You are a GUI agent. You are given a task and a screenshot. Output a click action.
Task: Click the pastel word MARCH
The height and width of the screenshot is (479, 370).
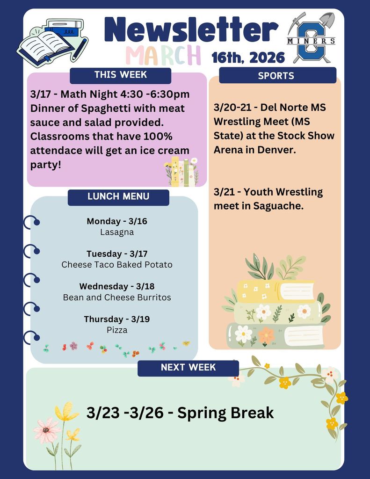[163, 55]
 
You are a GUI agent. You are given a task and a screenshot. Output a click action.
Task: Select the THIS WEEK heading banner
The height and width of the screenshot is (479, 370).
[120, 75]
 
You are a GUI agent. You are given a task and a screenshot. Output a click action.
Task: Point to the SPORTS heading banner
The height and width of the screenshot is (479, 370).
[276, 76]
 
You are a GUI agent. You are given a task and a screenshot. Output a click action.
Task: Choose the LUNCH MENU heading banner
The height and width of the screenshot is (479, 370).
[118, 197]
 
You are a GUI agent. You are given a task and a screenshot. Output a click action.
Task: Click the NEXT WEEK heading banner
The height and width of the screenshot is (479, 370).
[188, 368]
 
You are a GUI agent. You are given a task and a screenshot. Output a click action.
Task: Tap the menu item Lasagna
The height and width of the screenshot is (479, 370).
[117, 232]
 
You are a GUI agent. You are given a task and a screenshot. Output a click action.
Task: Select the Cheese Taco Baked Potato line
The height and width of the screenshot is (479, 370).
[117, 265]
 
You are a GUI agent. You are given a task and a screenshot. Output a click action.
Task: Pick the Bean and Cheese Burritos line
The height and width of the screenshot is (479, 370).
[117, 298]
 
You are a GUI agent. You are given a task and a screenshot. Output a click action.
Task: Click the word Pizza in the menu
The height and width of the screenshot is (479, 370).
[117, 330]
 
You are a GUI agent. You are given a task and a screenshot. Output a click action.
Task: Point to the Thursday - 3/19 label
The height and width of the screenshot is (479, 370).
[117, 319]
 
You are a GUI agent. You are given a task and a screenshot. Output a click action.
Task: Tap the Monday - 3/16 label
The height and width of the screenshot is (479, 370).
[117, 221]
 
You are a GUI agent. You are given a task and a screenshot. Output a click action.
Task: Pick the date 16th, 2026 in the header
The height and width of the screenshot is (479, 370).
[248, 58]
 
